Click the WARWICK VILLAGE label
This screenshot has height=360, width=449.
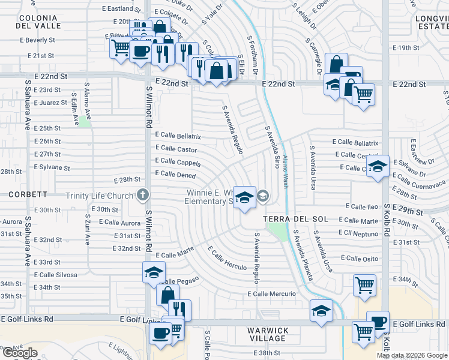coord(268,335)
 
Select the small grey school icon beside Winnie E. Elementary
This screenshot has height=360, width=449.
coord(263,196)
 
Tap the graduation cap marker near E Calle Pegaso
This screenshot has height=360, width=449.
coord(154,272)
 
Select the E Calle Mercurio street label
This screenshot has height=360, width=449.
coord(272,294)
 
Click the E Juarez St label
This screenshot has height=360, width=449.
coord(51,103)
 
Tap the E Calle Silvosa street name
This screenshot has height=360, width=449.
coord(55,274)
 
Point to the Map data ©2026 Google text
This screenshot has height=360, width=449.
coord(412,355)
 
